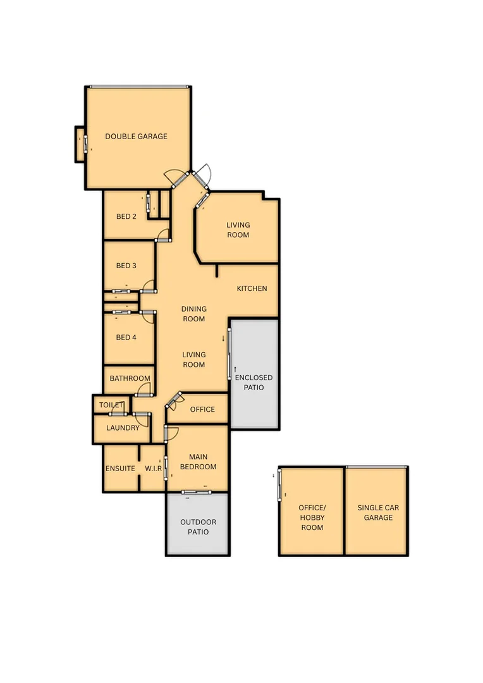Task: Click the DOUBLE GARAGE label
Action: (136, 136)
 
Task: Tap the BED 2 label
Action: (126, 216)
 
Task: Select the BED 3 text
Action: (126, 266)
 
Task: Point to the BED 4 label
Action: (126, 337)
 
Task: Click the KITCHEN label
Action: (252, 288)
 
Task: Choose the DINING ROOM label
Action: (194, 314)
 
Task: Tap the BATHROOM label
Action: (130, 378)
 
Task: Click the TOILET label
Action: (111, 405)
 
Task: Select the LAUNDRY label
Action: (123, 428)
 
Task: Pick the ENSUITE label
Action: (120, 469)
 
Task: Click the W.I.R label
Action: (154, 469)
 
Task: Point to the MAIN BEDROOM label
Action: (198, 462)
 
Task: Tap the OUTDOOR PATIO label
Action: (198, 527)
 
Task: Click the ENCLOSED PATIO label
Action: (254, 382)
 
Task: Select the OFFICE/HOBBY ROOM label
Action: (311, 517)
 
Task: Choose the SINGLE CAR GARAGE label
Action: (378, 512)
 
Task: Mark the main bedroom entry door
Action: (171, 433)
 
